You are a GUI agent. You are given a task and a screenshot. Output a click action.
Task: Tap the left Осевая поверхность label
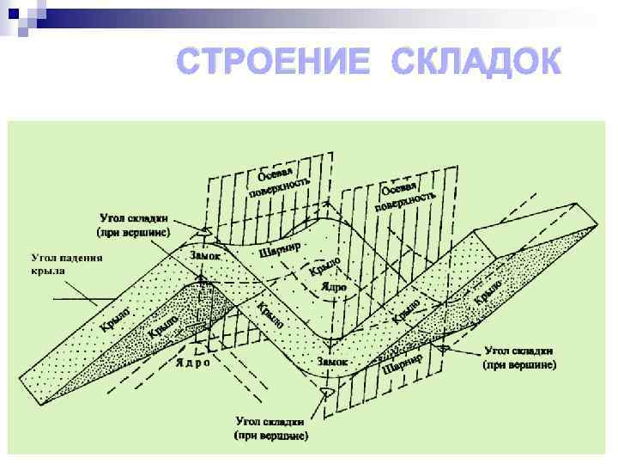(276, 181)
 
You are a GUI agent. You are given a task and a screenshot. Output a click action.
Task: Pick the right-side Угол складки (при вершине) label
(520, 357)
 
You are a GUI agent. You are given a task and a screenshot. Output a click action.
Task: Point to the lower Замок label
(332, 362)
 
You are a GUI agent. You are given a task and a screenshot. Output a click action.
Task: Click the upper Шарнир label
(280, 247)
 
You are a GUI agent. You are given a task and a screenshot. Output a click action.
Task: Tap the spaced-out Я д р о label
(192, 362)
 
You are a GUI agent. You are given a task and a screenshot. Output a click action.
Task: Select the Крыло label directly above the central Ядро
(325, 267)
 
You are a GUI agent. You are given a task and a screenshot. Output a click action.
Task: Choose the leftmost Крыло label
(114, 319)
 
